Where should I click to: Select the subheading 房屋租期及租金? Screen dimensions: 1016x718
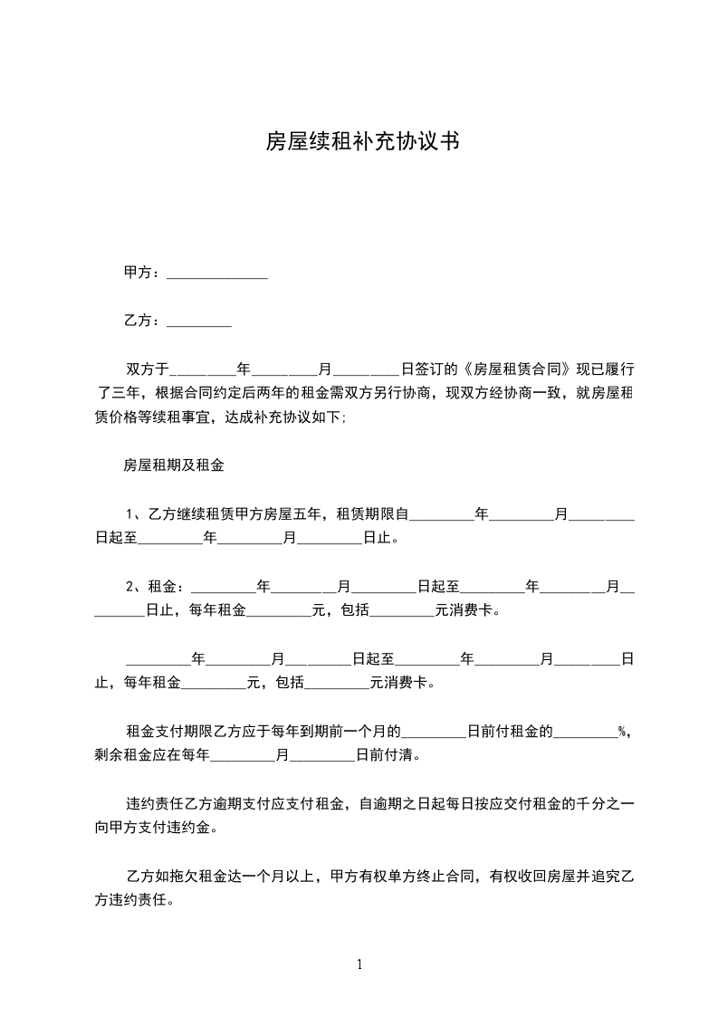click(x=174, y=466)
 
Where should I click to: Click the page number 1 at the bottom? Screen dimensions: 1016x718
click(x=359, y=964)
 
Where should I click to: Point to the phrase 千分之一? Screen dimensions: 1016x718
click(x=606, y=803)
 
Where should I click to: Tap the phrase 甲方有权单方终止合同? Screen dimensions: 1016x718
click(x=404, y=877)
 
